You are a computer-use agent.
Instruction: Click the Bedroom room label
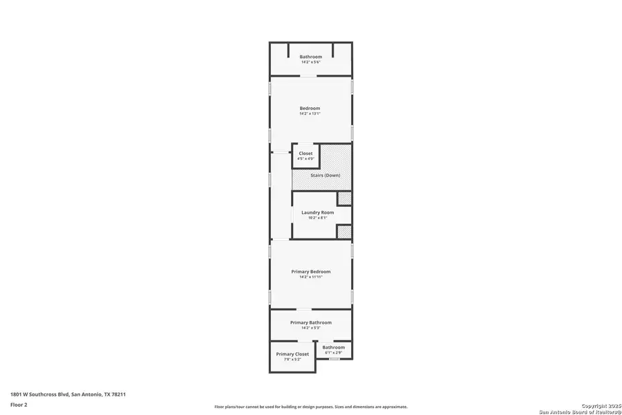[310, 108]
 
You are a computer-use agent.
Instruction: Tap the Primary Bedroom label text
[310, 272]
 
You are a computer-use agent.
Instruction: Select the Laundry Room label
[317, 212]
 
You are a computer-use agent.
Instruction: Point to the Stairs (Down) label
[325, 175]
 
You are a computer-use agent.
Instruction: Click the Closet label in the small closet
[305, 154]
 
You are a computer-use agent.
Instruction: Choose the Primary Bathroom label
[310, 322]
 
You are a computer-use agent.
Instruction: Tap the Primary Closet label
[292, 354]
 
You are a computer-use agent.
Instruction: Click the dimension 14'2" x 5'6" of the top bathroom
[310, 62]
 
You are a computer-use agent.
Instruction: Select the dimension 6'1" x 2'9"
[333, 353]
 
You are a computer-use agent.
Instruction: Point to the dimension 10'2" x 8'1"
[317, 218]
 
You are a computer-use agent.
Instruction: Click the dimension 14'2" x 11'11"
[310, 277]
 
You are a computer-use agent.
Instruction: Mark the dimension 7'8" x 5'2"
[292, 360]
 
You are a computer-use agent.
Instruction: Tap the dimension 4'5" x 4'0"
[305, 159]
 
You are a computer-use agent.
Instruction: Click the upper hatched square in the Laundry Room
[343, 199]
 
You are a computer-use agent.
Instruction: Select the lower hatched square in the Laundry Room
[343, 232]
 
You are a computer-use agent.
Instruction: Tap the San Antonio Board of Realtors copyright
[581, 409]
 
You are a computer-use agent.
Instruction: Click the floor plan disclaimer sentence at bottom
[310, 407]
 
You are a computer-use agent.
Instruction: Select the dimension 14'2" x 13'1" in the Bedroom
[310, 113]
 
